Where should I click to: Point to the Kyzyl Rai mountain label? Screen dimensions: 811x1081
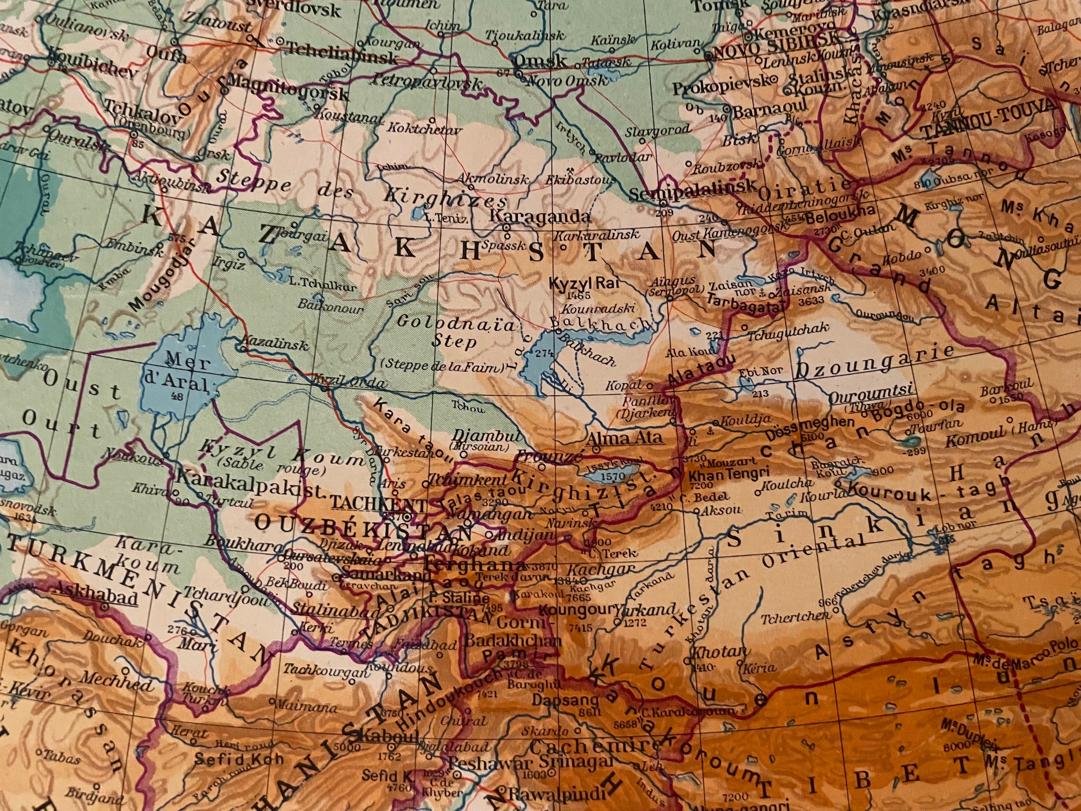(569, 283)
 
